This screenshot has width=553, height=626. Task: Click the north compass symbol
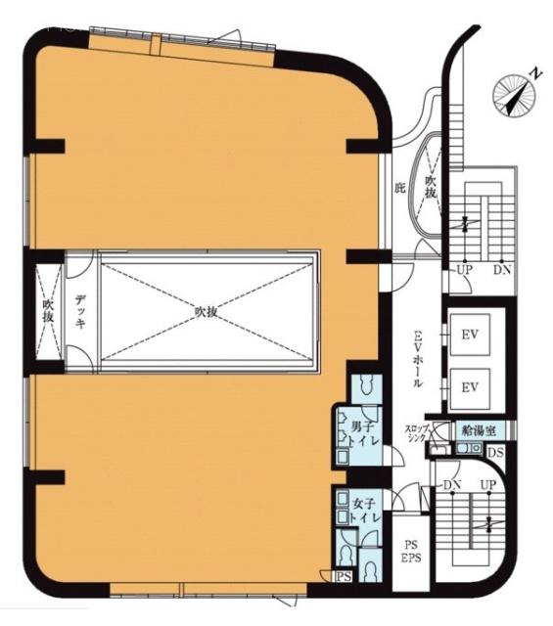pos(517,91)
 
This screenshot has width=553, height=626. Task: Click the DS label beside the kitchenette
pos(494,452)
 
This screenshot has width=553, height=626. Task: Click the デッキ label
pos(81,311)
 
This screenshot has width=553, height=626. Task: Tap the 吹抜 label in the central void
pos(205,312)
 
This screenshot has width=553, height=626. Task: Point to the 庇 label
pos(399,186)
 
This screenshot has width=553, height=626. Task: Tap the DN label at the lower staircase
pos(452,484)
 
